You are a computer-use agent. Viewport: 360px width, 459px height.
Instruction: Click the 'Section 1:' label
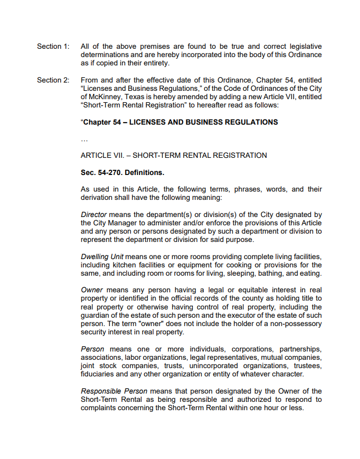52,47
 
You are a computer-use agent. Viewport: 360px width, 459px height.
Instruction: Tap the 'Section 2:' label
52,80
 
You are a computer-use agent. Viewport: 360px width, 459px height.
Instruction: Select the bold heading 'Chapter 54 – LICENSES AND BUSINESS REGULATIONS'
179,123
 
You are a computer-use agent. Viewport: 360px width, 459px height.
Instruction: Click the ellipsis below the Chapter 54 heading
85,139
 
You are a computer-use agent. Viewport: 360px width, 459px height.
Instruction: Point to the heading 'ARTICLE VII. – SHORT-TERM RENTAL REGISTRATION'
174,155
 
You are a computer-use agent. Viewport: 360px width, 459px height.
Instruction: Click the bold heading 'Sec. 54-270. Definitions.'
122,172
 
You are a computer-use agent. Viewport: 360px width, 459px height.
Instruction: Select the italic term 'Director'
94,215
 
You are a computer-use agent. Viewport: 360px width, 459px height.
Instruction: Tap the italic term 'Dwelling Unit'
102,257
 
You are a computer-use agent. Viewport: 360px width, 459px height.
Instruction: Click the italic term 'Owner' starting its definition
92,290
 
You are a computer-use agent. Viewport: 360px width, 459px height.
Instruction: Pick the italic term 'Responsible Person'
114,392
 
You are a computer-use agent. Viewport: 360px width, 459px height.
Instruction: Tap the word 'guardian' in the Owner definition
96,315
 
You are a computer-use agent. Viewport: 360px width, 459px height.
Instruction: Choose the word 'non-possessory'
296,323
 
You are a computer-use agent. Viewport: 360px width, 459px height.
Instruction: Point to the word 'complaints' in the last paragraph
99,408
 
